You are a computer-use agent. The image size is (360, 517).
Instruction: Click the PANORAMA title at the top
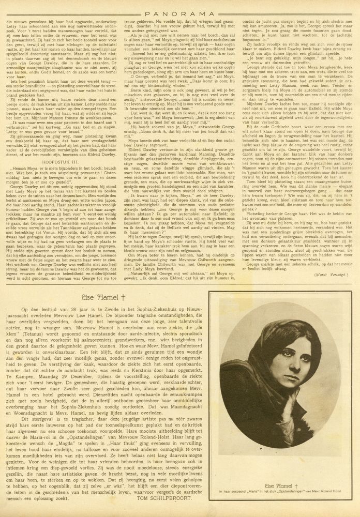[x=179, y=8]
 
